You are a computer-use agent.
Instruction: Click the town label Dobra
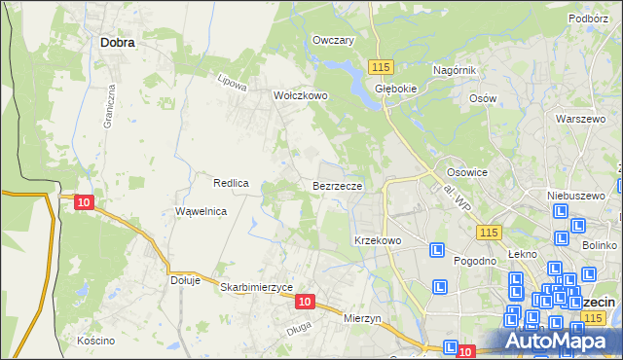pos(117,43)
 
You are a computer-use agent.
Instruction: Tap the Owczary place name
pos(332,41)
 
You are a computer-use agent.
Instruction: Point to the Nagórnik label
pos(454,70)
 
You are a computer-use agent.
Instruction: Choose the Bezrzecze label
pos(338,185)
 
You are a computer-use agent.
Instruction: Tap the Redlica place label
pos(232,183)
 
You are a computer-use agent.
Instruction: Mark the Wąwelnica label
pos(201,211)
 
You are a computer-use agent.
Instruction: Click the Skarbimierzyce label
pos(257,287)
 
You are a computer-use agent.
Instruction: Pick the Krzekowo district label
pos(378,239)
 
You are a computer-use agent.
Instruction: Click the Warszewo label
pos(574,119)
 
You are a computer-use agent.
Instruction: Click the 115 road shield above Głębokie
pos(381,65)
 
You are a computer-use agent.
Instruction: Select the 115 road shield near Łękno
pos(489,232)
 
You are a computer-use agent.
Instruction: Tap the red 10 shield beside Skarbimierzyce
pos(305,303)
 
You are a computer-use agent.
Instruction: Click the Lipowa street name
pos(230,83)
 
